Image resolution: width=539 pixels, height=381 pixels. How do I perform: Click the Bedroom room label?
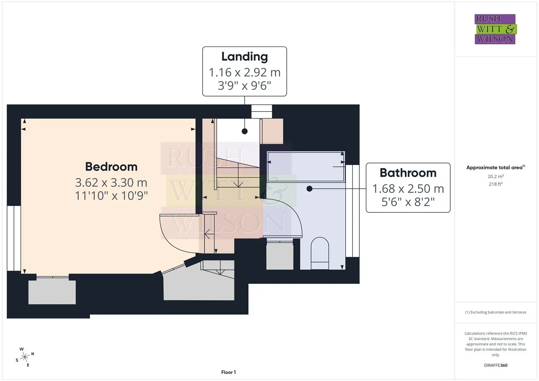click(x=111, y=167)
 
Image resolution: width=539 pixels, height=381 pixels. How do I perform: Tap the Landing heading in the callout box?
click(x=245, y=57)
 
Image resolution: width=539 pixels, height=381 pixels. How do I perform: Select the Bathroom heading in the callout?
click(x=408, y=173)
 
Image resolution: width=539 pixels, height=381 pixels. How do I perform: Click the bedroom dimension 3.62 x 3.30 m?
click(x=111, y=183)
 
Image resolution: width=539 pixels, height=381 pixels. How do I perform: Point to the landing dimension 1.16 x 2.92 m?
click(x=245, y=72)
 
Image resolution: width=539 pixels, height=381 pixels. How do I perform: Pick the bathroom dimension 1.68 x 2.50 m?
click(x=408, y=189)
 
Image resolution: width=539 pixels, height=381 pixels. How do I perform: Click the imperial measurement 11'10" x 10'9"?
click(x=111, y=195)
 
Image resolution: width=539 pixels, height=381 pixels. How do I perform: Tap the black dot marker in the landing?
click(x=245, y=131)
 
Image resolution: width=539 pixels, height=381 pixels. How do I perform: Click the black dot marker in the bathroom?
click(x=310, y=189)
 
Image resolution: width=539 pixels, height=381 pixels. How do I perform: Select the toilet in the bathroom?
click(x=320, y=253)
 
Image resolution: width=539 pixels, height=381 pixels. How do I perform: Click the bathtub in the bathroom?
click(x=306, y=167)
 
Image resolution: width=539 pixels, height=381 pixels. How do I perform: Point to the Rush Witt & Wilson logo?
click(x=496, y=29)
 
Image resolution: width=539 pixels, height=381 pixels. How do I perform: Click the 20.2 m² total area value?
click(x=496, y=176)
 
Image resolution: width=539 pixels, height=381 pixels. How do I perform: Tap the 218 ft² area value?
click(x=496, y=184)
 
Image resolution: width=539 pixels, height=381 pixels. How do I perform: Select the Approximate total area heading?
click(x=496, y=168)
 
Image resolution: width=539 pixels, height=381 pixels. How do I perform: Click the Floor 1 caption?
click(x=228, y=372)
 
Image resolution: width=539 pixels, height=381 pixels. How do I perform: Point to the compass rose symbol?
click(x=25, y=357)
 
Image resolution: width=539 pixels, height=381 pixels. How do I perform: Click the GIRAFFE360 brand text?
click(x=496, y=365)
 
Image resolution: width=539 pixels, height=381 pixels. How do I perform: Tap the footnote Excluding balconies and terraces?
click(x=496, y=312)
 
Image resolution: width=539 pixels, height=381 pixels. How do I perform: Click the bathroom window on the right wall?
click(x=353, y=211)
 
